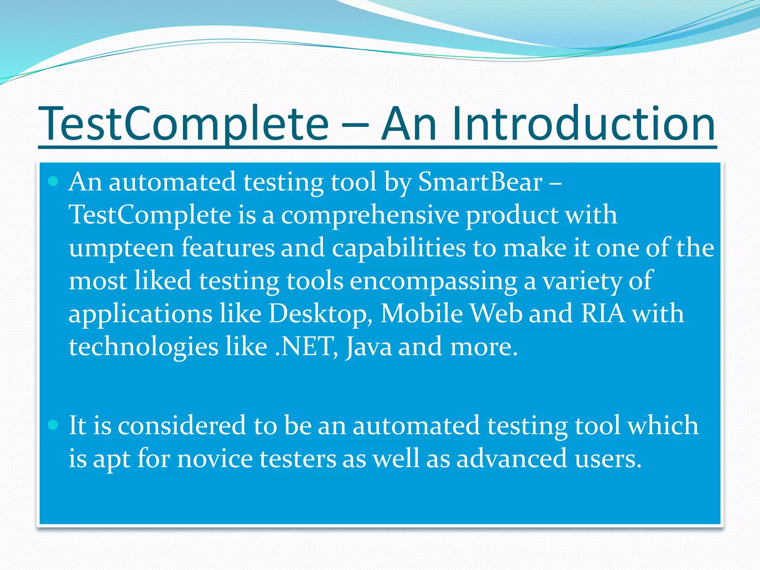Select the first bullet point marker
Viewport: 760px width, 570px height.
(x=53, y=181)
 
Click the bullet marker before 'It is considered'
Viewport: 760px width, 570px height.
(x=53, y=425)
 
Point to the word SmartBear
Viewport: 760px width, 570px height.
(x=480, y=182)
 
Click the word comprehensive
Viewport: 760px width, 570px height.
(x=370, y=215)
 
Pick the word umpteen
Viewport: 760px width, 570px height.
(x=121, y=248)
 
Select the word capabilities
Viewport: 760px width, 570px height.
(x=399, y=248)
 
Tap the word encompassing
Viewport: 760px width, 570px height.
(x=433, y=281)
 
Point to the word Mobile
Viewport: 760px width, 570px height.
(x=422, y=314)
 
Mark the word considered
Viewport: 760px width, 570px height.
(x=182, y=425)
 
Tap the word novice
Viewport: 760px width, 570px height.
(x=215, y=459)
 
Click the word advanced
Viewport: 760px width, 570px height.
(x=512, y=459)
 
